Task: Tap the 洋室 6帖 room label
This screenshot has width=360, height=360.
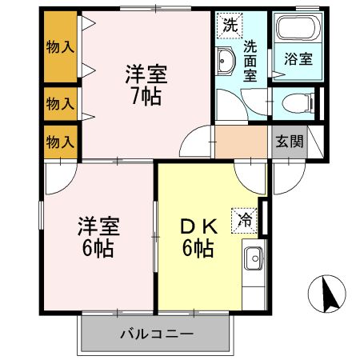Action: pyautogui.click(x=96, y=237)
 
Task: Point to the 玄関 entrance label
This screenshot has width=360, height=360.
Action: pyautogui.click(x=290, y=142)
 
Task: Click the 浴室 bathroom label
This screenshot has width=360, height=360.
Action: pyautogui.click(x=298, y=58)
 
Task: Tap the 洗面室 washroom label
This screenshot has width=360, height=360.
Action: pyautogui.click(x=250, y=60)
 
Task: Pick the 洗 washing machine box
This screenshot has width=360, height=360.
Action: pyautogui.click(x=230, y=24)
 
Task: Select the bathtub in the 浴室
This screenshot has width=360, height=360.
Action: pyautogui.click(x=298, y=31)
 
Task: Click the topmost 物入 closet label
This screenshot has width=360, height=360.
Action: pyautogui.click(x=60, y=46)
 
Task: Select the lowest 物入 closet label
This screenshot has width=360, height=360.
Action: pyautogui.click(x=60, y=142)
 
